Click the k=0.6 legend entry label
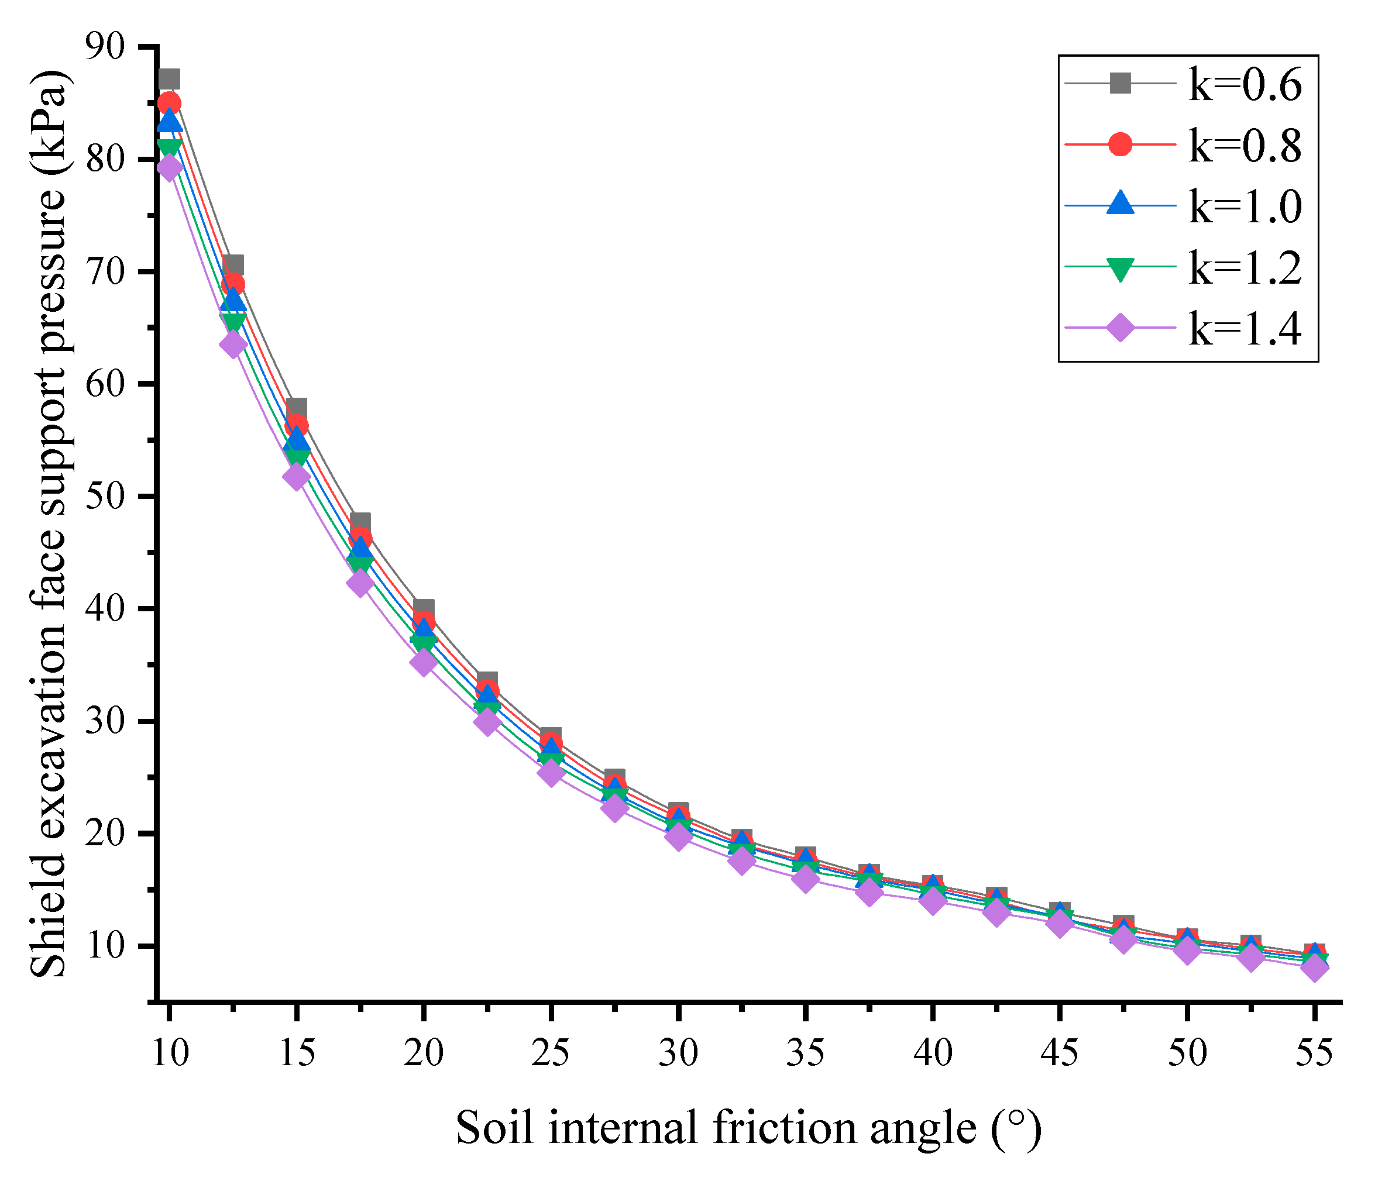point(1245,85)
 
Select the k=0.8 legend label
point(1245,145)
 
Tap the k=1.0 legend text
point(1245,206)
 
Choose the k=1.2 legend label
point(1245,267)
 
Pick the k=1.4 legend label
point(1245,328)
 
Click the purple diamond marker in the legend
point(1120,328)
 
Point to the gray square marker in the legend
point(1120,83)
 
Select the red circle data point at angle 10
point(169,103)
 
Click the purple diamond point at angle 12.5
point(233,345)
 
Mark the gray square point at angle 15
point(297,408)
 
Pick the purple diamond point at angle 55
point(1314,967)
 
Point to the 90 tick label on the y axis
point(106,47)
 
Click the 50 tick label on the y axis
point(106,497)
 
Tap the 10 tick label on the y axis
point(106,946)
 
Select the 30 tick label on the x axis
point(678,1053)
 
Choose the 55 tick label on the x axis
point(1314,1053)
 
